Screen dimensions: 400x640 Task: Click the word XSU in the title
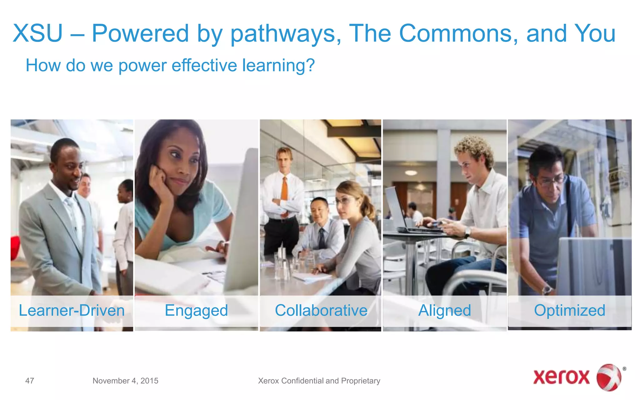[x=37, y=33]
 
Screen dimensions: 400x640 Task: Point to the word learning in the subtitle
[x=278, y=65]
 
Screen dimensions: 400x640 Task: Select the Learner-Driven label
[x=72, y=310]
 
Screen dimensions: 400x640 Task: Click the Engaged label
[x=196, y=310]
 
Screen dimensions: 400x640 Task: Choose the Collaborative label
[x=321, y=310]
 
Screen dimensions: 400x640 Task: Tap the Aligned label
[x=444, y=310]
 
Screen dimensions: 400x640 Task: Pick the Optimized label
[x=569, y=310]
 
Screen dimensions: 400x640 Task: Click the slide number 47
[x=30, y=381]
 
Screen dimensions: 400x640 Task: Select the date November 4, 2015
[x=125, y=381]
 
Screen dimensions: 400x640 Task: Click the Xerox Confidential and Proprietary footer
[x=319, y=381]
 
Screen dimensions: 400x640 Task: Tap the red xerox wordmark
[x=561, y=377]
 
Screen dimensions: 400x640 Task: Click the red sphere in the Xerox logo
[x=609, y=377]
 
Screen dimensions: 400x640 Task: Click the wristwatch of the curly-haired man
[x=467, y=232]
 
